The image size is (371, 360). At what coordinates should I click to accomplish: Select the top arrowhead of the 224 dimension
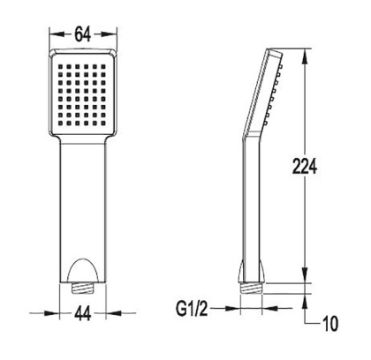pyautogui.click(x=305, y=54)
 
